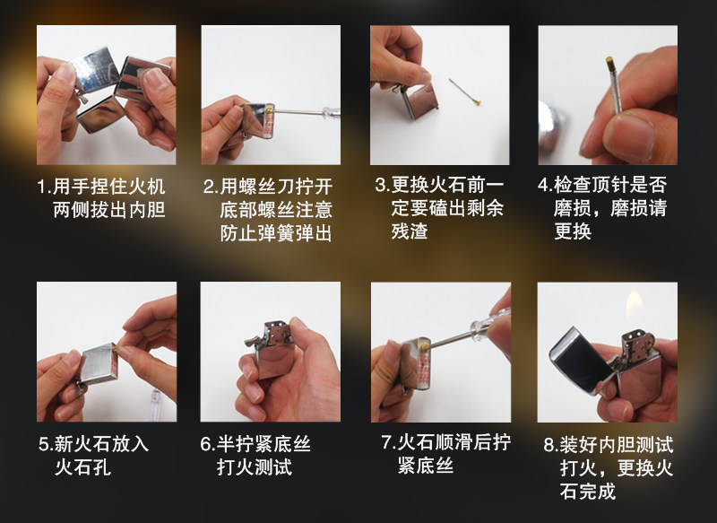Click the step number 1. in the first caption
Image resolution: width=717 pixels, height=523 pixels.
pos(44,187)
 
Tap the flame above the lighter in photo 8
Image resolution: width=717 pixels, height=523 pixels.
pos(635,306)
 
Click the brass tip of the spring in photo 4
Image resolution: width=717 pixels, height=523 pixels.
pos(610,62)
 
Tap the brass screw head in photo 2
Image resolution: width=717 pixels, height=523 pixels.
pos(271,110)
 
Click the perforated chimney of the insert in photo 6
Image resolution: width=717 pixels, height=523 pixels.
pos(277,333)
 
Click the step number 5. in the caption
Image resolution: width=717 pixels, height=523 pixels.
pos(47,444)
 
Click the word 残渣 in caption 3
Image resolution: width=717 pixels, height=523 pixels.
pos(410,231)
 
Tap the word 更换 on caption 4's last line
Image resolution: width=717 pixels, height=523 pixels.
pos(573,231)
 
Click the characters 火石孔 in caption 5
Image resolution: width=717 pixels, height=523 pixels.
pos(82,467)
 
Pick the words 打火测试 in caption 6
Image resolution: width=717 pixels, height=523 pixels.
pos(255,467)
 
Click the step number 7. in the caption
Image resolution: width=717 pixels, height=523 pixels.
pos(389,442)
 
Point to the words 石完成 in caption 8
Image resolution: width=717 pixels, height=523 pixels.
pos(588,492)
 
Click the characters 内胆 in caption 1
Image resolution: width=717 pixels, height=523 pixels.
pos(147,210)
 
